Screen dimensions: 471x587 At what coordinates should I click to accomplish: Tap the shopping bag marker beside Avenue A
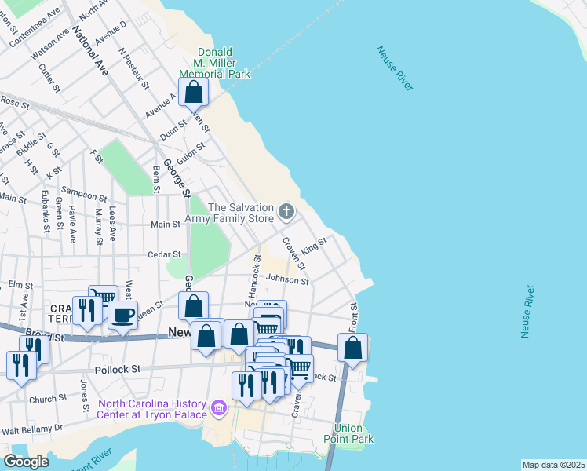194,93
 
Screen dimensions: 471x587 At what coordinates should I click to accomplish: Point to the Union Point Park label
348,434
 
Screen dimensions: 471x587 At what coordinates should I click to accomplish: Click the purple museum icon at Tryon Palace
219,409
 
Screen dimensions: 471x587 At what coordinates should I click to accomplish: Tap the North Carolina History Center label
153,409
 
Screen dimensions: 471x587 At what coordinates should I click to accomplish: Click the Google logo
27,461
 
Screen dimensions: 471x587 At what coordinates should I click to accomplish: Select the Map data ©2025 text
553,465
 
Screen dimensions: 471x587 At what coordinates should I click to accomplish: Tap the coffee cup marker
122,316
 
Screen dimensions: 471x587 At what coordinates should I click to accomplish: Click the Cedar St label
166,254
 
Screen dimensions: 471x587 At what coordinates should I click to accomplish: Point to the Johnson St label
286,279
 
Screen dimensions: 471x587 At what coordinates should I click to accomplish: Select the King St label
313,246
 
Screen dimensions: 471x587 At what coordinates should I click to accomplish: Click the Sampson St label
83,196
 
